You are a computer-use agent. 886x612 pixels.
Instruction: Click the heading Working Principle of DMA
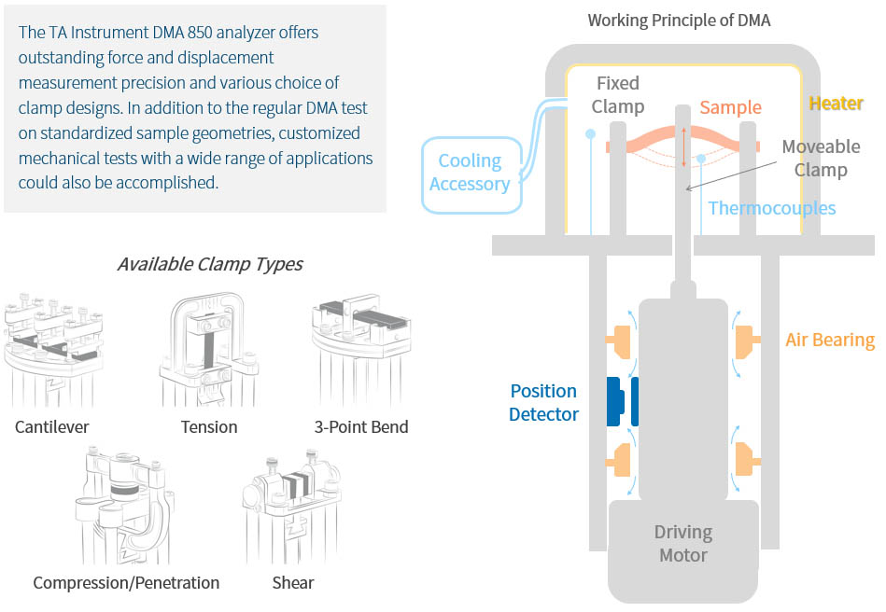pyautogui.click(x=679, y=20)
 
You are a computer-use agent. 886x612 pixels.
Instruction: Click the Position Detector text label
pyautogui.click(x=543, y=402)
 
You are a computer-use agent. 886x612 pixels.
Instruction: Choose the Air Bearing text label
pyautogui.click(x=829, y=340)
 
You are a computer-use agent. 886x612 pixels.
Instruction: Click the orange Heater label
pyautogui.click(x=836, y=104)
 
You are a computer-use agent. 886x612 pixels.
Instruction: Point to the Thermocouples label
pyautogui.click(x=771, y=208)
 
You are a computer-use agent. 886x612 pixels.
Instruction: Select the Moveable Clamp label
pyautogui.click(x=821, y=159)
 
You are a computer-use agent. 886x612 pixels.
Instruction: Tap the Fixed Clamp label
pyautogui.click(x=617, y=95)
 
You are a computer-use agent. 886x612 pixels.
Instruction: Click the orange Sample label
pyautogui.click(x=730, y=107)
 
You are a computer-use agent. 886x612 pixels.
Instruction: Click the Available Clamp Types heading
pyautogui.click(x=209, y=264)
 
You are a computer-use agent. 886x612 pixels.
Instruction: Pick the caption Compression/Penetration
pyautogui.click(x=126, y=583)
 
